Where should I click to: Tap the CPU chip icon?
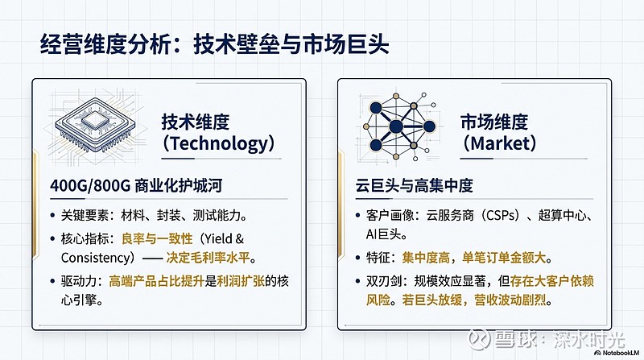pos(96,128)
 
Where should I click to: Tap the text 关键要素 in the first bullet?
pos(82,216)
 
